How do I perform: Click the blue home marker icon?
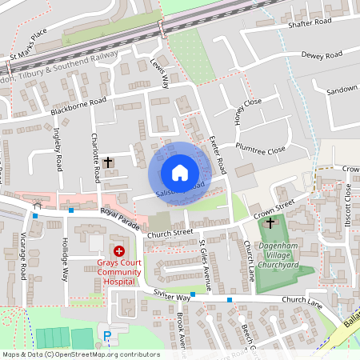tap(179, 172)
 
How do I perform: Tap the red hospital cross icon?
tap(119, 251)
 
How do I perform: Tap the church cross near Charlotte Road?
tap(110, 162)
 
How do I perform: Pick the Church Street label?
tap(170, 233)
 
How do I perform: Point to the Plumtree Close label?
tap(260, 149)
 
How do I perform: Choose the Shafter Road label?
tap(310, 23)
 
